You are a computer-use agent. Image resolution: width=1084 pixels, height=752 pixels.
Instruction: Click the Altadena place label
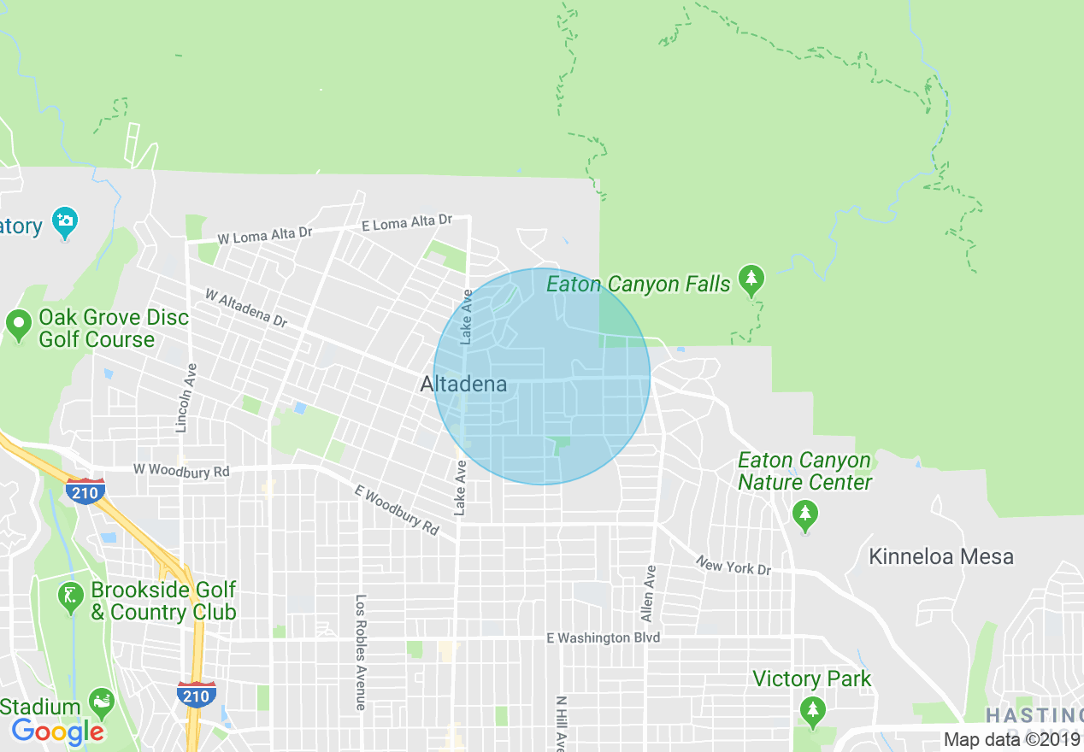click(463, 385)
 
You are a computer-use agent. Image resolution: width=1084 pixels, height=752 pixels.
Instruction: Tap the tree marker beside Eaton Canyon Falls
click(751, 279)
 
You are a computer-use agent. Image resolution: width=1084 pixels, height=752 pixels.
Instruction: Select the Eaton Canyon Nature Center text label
click(804, 472)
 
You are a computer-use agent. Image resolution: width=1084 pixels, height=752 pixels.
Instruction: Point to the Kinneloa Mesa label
click(940, 557)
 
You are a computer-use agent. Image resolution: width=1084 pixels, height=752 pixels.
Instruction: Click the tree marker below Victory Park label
click(811, 709)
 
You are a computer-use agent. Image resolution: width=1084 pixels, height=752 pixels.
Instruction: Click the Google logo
click(58, 731)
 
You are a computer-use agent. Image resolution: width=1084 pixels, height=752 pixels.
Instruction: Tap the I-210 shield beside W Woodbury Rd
click(85, 491)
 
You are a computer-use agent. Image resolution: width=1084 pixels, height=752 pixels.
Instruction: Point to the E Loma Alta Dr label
click(406, 222)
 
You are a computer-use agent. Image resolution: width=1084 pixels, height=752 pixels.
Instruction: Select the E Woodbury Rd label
click(397, 509)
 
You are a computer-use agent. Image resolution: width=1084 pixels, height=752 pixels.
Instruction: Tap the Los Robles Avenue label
click(361, 652)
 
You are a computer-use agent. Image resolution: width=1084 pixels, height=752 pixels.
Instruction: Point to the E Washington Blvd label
click(604, 638)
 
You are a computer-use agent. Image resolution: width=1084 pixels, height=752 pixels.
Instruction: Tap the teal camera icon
click(64, 223)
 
